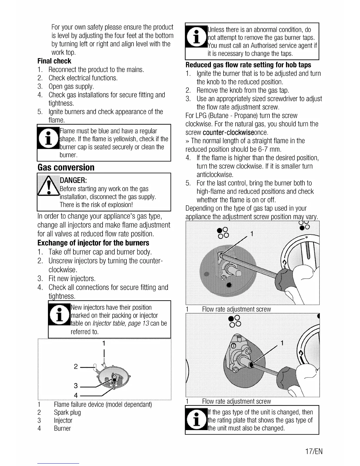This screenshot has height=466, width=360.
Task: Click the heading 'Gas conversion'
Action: [66, 167]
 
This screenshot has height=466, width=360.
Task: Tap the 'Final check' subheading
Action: [54, 61]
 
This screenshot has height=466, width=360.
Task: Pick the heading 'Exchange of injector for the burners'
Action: [93, 243]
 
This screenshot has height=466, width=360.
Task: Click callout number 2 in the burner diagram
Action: [76, 367]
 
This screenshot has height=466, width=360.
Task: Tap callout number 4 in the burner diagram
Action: [76, 395]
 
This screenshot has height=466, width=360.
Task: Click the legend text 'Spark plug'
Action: [67, 412]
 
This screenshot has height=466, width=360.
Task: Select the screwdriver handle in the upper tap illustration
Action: [285, 278]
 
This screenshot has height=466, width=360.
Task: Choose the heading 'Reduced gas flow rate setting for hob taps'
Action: [248, 65]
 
